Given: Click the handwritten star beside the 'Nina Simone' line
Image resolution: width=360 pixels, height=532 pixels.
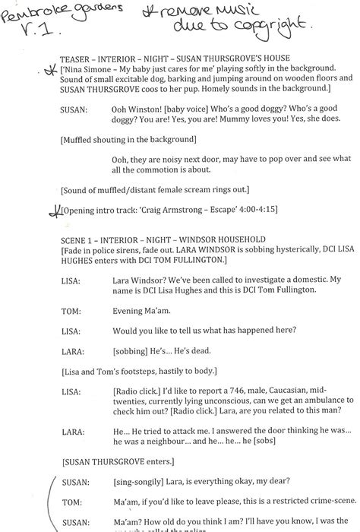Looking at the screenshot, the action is click(51, 70).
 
